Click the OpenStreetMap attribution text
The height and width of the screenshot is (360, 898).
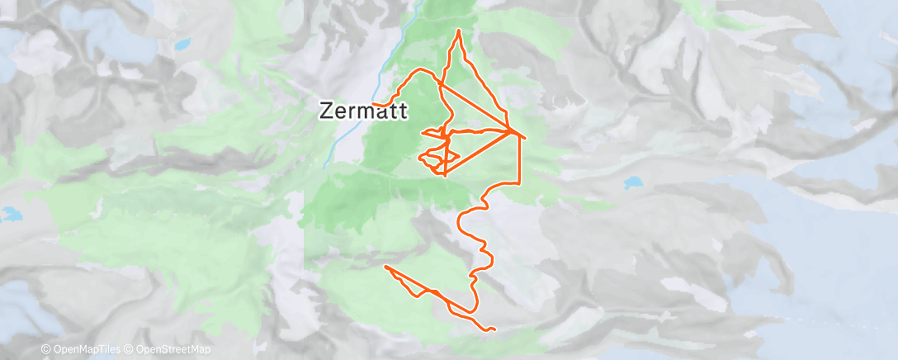coord(175,350)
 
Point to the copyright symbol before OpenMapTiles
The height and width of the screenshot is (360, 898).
coord(46,350)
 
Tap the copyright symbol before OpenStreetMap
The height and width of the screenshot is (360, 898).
coord(131,350)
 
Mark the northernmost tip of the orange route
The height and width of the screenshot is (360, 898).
coord(459,31)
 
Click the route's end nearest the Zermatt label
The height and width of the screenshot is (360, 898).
coord(374,105)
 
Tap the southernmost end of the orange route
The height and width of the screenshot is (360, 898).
coord(493,329)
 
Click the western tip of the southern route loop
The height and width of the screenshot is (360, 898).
coord(385,266)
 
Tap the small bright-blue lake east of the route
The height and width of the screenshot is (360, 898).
coord(632,182)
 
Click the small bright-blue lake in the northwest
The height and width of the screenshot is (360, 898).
coord(183,44)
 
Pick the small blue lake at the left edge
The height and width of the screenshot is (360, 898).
coord(10,216)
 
